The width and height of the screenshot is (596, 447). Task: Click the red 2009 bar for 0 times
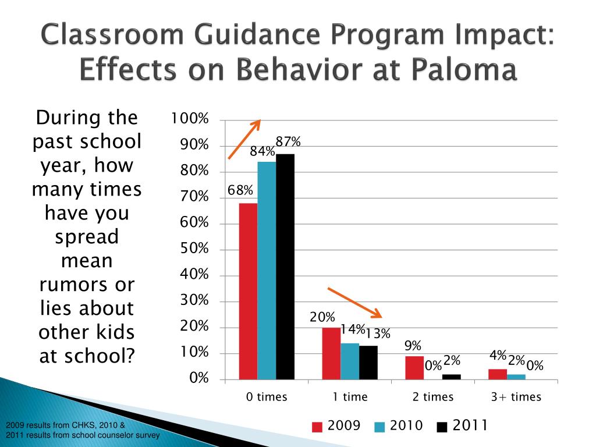(x=248, y=291)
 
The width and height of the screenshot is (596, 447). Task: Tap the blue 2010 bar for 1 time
(x=350, y=361)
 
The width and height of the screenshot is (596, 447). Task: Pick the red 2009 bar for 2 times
(x=414, y=368)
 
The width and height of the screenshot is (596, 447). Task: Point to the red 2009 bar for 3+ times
(x=498, y=374)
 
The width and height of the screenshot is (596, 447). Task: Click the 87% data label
(x=288, y=142)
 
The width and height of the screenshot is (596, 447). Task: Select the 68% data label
(x=240, y=190)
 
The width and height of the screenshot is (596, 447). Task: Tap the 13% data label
(x=378, y=334)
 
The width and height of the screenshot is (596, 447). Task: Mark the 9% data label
(x=413, y=346)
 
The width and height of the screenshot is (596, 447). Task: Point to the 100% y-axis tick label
(x=189, y=119)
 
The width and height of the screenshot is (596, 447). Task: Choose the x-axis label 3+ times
(x=516, y=398)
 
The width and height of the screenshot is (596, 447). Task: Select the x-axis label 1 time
(x=350, y=398)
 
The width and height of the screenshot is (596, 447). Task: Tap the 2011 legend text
(x=470, y=426)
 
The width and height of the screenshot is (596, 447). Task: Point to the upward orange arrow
(x=244, y=139)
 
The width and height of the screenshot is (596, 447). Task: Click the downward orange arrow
(x=354, y=302)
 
